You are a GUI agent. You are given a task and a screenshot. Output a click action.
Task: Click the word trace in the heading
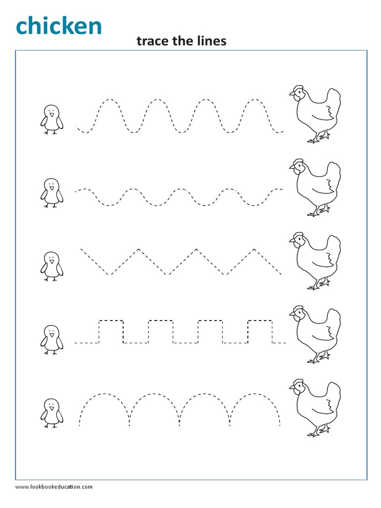point(151,41)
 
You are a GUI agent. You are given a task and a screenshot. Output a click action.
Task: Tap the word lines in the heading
point(210,41)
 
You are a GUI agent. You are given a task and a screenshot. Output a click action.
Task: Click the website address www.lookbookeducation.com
point(54,487)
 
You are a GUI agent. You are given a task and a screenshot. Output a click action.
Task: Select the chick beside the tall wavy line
point(51,119)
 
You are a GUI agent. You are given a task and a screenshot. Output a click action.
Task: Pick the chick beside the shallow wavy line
point(51,192)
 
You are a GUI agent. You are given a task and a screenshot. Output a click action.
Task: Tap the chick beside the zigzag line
point(51,266)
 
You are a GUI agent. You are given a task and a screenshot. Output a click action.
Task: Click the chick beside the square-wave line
point(51,339)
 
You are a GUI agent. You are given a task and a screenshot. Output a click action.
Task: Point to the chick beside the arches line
point(51,412)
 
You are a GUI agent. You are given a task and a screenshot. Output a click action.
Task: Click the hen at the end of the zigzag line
point(316,260)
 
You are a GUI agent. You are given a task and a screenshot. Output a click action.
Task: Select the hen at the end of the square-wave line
point(316,334)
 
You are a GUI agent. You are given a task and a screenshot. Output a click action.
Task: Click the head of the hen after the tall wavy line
point(297,93)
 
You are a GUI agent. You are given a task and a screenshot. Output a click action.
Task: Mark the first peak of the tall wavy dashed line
point(111,100)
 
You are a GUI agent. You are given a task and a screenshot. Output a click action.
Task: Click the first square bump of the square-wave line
point(111,321)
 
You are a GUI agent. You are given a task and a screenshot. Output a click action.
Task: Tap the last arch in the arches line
point(254,397)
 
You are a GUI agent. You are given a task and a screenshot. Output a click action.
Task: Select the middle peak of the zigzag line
point(197,250)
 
